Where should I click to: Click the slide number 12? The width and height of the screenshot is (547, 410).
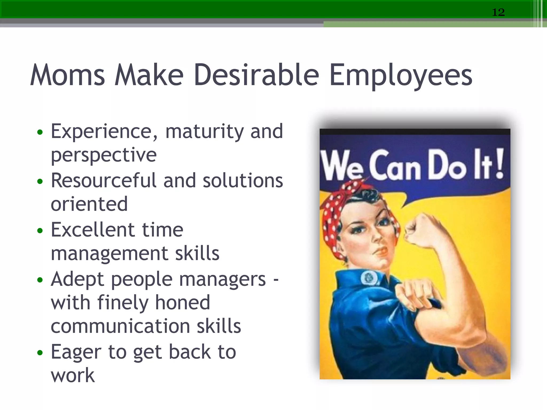pos(498,12)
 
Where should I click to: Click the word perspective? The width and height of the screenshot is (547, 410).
pos(104,155)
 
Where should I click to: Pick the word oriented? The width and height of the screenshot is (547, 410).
pos(89,204)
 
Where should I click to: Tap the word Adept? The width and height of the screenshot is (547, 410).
pos(77,279)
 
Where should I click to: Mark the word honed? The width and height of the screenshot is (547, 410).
pos(183,303)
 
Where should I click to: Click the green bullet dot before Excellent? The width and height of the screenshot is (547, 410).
pos(40,230)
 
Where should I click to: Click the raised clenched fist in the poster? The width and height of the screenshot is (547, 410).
pos(419,230)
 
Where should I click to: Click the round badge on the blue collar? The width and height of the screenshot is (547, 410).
pos(369,278)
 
